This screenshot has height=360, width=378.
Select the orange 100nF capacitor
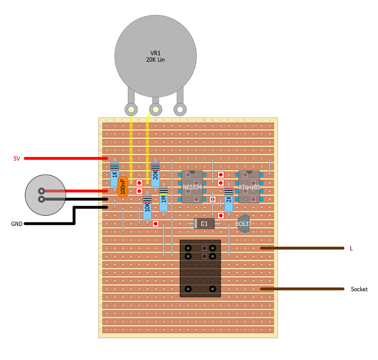123,187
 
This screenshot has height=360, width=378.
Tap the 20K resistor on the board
155,174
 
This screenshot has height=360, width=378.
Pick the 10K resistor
147,207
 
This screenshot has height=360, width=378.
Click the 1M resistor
164,199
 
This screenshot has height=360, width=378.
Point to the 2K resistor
228,199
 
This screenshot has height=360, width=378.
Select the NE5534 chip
192,187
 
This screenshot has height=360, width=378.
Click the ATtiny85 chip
249,187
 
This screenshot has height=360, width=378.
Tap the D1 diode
204,223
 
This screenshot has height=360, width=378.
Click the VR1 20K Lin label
155,57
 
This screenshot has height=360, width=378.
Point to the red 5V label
17,159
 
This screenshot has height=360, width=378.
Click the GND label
17,224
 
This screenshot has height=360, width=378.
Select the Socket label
359,289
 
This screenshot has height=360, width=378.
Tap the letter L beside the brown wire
351,248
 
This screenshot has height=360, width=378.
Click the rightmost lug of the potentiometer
180,109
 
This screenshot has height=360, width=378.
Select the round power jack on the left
45,195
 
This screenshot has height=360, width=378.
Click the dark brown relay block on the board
200,268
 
